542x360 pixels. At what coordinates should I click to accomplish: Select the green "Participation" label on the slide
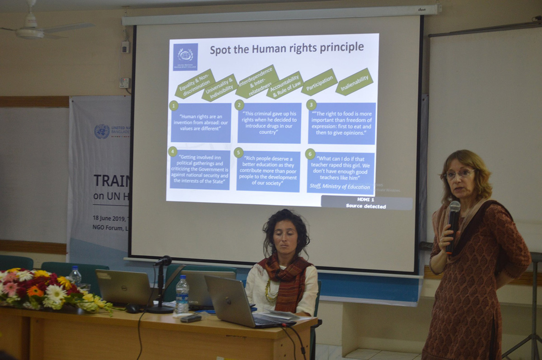(x=319, y=82)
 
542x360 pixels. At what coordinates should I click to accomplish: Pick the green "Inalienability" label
(x=354, y=82)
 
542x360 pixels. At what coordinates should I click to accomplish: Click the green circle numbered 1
(x=173, y=105)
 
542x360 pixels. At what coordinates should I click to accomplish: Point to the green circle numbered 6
(x=310, y=154)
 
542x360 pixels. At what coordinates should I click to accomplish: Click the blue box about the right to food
(x=342, y=123)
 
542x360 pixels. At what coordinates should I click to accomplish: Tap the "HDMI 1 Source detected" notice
(x=366, y=203)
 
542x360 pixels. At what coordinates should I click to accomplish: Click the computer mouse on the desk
(x=132, y=309)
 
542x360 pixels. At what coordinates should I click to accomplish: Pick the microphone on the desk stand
(x=163, y=261)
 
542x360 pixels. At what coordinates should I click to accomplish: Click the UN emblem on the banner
(x=102, y=131)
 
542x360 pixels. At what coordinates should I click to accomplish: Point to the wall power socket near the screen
(x=124, y=83)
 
